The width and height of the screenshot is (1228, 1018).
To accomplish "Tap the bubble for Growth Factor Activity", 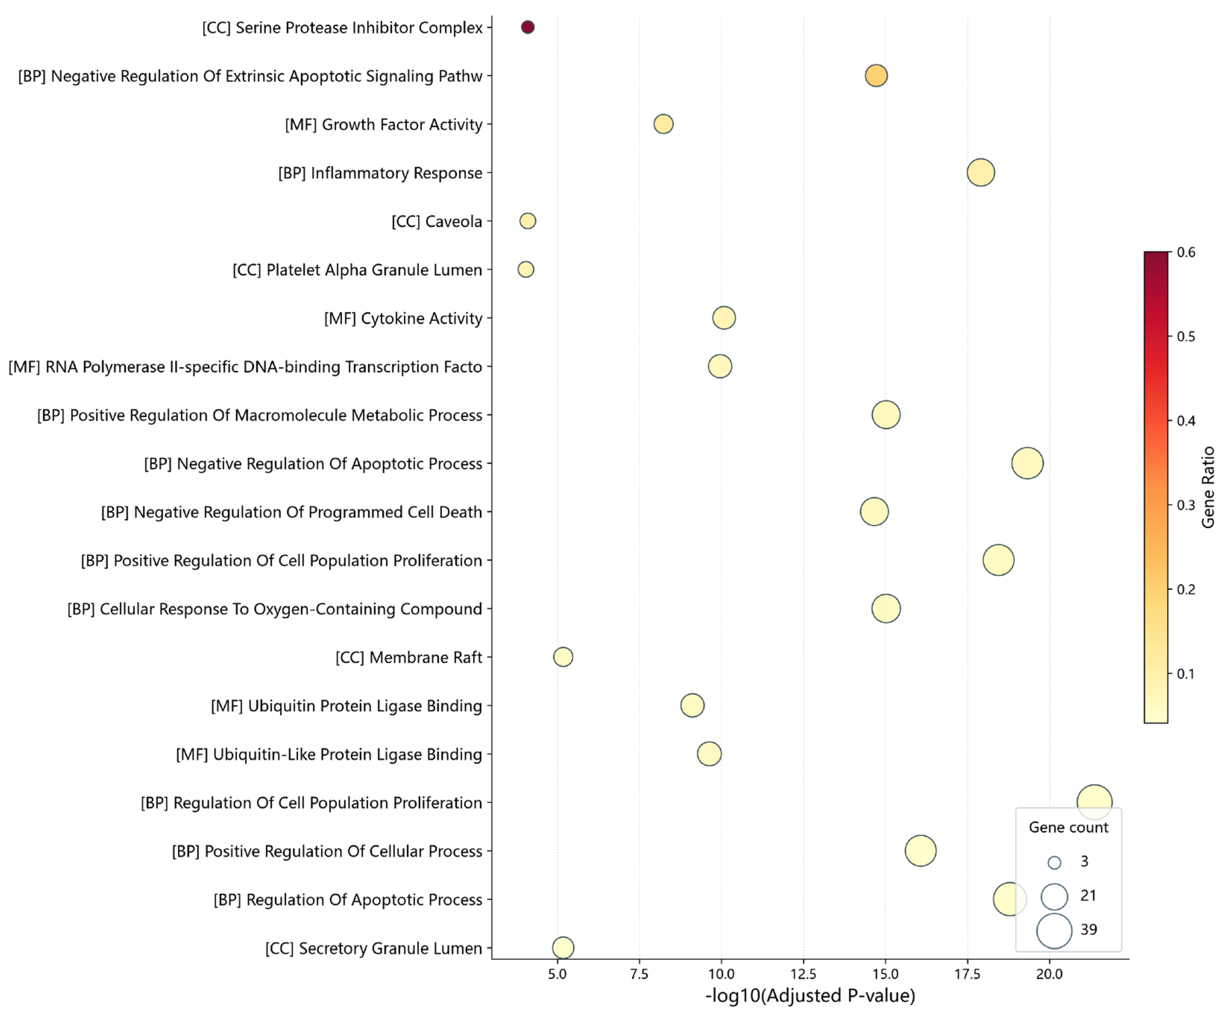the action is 663,124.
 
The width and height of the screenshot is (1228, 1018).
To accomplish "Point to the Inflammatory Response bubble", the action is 980,172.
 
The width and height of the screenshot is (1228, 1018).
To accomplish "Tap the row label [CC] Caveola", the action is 437,222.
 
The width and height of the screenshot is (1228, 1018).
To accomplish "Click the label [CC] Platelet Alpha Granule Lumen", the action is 357,270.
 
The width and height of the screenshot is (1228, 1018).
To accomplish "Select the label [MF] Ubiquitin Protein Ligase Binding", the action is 347,706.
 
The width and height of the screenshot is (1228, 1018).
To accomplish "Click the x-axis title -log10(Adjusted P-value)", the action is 810,996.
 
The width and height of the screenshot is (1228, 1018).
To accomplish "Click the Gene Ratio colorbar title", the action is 1208,487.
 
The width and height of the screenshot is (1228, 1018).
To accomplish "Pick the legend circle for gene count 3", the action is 1054,863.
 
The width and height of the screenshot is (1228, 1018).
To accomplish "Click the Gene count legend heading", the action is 1068,828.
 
